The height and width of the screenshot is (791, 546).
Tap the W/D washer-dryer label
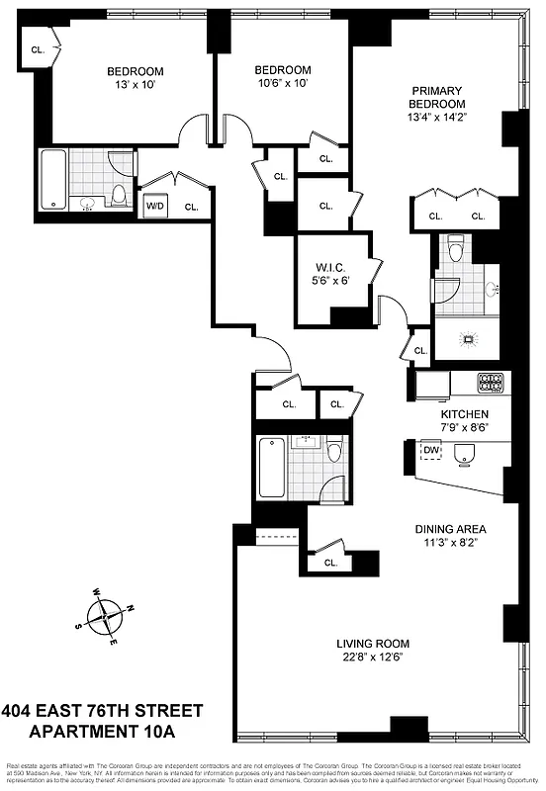[x=155, y=207]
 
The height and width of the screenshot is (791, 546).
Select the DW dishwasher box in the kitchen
[x=429, y=452]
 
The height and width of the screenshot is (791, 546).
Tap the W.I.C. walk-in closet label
[x=329, y=266]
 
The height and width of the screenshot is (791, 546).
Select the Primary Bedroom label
[x=437, y=97]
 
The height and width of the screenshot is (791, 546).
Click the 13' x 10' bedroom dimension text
[x=136, y=85]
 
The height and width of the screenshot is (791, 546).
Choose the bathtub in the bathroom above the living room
[x=271, y=469]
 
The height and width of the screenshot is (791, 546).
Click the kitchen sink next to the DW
[x=463, y=453]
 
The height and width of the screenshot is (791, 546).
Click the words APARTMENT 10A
[x=103, y=733]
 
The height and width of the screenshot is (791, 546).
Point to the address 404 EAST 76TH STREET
[x=103, y=711]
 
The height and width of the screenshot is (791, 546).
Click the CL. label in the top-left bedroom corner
[x=38, y=48]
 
